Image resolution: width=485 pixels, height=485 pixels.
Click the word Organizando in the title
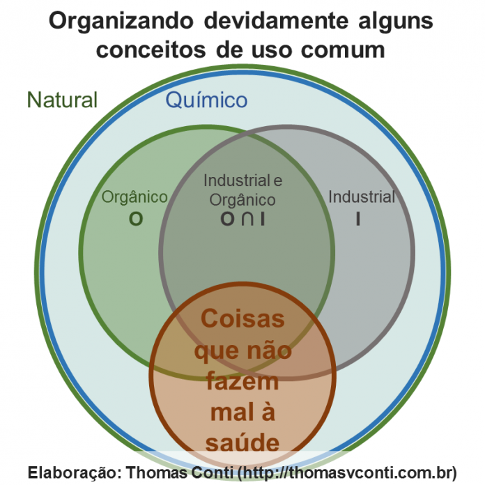(121, 22)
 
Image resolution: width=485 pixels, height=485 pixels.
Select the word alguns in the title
(396, 22)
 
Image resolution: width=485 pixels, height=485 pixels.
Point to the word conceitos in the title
(151, 49)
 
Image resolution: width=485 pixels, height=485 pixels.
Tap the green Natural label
(62, 100)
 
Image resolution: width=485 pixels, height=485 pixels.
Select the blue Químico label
(206, 100)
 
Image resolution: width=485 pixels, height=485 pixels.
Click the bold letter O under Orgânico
(136, 219)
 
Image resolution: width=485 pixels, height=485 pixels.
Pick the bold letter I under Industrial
(358, 219)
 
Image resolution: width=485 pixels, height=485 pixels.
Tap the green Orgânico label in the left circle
(134, 197)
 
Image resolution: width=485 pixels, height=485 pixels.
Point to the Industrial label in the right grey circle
(362, 197)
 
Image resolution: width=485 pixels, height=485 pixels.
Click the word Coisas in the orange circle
(243, 318)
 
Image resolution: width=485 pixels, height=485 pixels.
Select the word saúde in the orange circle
(243, 443)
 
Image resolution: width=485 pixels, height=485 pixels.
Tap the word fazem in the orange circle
(243, 381)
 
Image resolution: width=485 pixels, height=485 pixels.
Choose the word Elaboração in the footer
(74, 472)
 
